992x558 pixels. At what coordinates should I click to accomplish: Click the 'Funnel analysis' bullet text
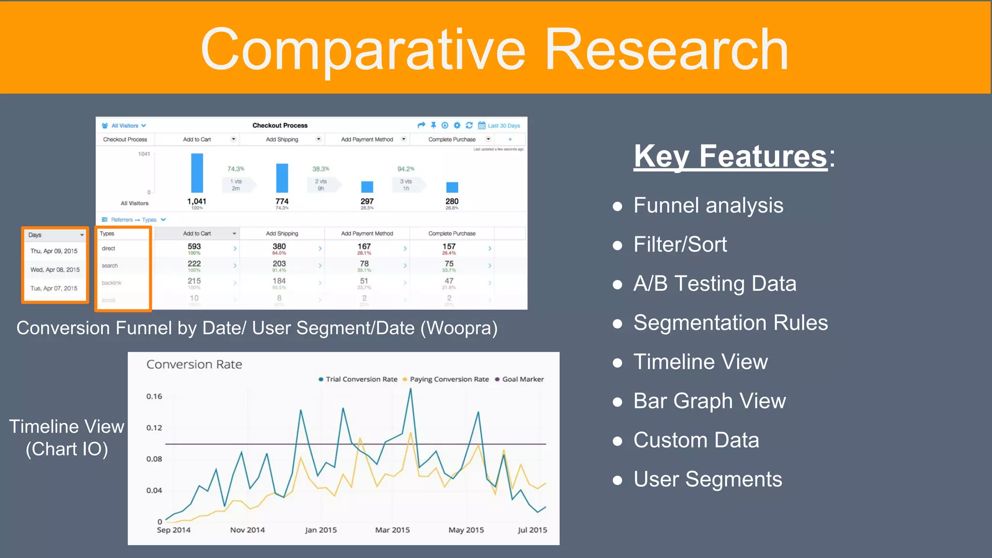pos(708,205)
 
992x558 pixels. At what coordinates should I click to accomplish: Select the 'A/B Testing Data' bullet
pos(714,284)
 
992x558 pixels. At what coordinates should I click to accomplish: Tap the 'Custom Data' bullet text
pos(696,440)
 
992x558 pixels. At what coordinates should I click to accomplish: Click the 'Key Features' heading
pos(730,156)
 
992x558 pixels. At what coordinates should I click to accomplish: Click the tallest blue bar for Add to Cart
pos(197,173)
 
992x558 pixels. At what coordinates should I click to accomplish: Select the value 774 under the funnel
pos(282,201)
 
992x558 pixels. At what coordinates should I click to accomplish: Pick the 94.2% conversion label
pos(406,169)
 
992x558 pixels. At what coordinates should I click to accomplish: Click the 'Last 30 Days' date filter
pos(503,126)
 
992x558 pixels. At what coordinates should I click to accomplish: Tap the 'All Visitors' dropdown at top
pos(124,126)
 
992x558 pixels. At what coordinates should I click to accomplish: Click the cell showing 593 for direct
pos(194,247)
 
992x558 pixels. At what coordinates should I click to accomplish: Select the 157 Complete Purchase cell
pos(449,247)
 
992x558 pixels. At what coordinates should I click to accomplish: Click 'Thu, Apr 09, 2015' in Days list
pos(54,251)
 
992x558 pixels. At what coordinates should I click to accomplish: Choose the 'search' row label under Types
pos(110,266)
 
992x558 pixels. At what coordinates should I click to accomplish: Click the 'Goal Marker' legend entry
pos(522,379)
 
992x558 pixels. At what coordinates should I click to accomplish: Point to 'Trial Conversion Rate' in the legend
pos(361,379)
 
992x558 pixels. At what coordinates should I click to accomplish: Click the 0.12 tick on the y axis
pos(154,428)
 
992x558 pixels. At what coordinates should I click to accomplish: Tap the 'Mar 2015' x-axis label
pos(392,530)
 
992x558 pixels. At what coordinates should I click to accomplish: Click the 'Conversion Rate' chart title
pos(194,364)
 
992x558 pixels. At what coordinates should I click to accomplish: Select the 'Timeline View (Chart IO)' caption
pos(67,437)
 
